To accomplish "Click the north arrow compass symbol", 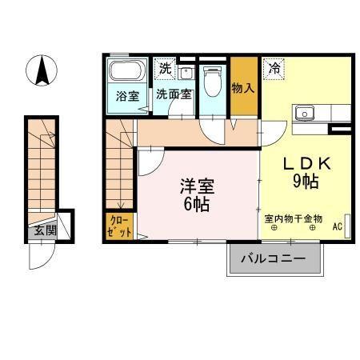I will click(41, 71).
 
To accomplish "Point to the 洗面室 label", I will click(174, 94).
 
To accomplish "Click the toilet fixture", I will click(213, 82).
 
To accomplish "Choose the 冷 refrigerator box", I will click(274, 69).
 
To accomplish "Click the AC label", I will click(338, 226).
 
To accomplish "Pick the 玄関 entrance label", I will click(43, 230).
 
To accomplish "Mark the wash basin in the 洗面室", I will click(187, 74).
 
